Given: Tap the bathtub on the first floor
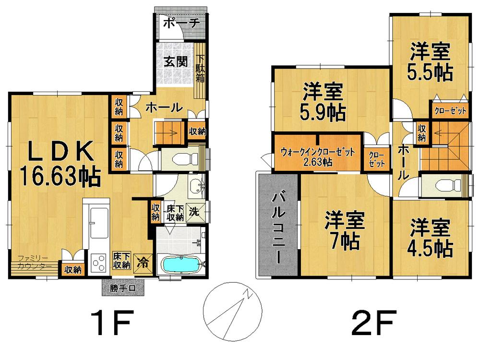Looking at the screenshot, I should pos(181,264).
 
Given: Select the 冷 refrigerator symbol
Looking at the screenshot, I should pos(143,262).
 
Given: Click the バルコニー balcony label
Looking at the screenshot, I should pos(278,226).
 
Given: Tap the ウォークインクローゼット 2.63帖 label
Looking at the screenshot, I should pos(318,156).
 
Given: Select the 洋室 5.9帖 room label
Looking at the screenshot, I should pos(323,102).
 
